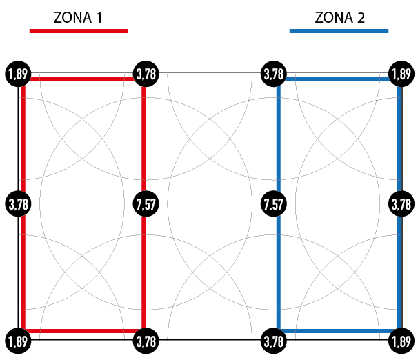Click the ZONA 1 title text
[x=79, y=17]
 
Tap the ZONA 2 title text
[x=339, y=17]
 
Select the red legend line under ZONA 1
[x=79, y=30]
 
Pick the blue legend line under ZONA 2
[x=339, y=30]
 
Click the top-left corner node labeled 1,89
[x=17, y=73]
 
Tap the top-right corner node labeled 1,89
[x=401, y=73]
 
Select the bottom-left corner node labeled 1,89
[x=17, y=341]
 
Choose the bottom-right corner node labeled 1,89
[x=401, y=341]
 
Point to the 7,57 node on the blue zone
[x=274, y=204]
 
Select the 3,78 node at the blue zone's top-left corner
[x=274, y=73]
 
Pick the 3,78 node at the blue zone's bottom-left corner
[x=274, y=341]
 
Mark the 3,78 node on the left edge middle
[x=17, y=204]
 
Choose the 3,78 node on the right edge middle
[x=401, y=204]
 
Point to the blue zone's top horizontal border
[x=338, y=79]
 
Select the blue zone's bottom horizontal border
[x=338, y=331]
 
